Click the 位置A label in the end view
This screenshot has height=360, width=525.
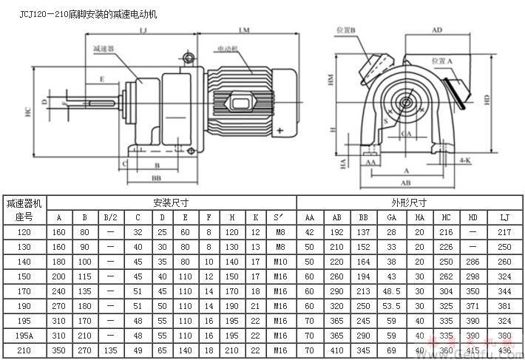pos(441,61)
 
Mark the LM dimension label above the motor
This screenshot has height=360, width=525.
pos(245,30)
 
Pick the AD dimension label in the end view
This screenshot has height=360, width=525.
pos(437,30)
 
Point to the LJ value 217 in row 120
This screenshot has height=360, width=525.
pos(504,232)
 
